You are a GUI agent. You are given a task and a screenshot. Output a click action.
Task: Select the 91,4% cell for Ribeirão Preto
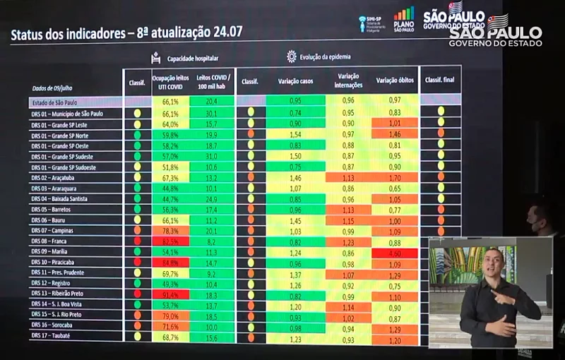[x=171, y=294]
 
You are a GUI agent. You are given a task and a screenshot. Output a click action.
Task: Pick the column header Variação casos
[x=296, y=81]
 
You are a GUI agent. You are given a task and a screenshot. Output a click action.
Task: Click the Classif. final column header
[x=439, y=80]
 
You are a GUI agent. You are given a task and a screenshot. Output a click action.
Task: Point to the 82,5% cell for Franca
[x=171, y=241]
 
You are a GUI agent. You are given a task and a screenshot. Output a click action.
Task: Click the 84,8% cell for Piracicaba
[x=171, y=263]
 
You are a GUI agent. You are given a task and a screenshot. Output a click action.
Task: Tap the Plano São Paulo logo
[x=404, y=18]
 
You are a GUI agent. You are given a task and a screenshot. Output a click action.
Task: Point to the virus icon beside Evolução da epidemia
[x=291, y=57]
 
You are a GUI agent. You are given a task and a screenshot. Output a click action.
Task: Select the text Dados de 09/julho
[x=54, y=89]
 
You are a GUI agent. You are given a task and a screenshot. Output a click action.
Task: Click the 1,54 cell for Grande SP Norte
[x=296, y=134]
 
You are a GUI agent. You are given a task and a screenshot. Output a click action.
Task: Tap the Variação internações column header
[x=348, y=80]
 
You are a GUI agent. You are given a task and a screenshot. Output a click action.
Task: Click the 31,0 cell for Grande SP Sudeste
[x=210, y=156]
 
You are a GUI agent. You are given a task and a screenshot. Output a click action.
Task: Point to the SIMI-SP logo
[x=371, y=22]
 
